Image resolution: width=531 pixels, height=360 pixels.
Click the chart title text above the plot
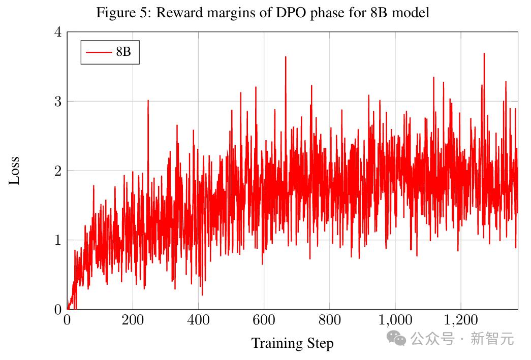point(263,12)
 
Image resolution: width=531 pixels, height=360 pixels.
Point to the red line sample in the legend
point(98,52)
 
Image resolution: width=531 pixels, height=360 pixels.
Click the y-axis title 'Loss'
point(14,170)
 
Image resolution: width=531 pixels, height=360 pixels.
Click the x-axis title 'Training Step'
point(292,343)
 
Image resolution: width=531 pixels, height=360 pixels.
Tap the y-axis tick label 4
point(57,32)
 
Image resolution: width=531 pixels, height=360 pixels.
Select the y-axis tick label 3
point(57,102)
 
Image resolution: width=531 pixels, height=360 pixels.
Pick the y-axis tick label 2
point(57,171)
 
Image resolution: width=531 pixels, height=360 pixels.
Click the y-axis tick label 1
point(57,240)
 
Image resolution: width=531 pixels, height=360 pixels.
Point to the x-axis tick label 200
point(132,320)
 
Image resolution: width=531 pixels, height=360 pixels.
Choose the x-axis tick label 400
point(198,320)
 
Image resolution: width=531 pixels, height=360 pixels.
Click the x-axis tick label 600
point(264,320)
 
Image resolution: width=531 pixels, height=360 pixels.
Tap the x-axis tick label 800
point(329,320)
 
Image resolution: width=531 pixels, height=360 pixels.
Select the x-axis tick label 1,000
point(395,320)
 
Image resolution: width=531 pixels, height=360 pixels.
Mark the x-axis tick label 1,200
point(460,320)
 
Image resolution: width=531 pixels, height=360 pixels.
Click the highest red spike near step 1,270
point(484,54)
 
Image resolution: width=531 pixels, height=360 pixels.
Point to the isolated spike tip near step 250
point(148,101)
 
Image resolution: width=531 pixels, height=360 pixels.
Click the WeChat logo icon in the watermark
point(396,338)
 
